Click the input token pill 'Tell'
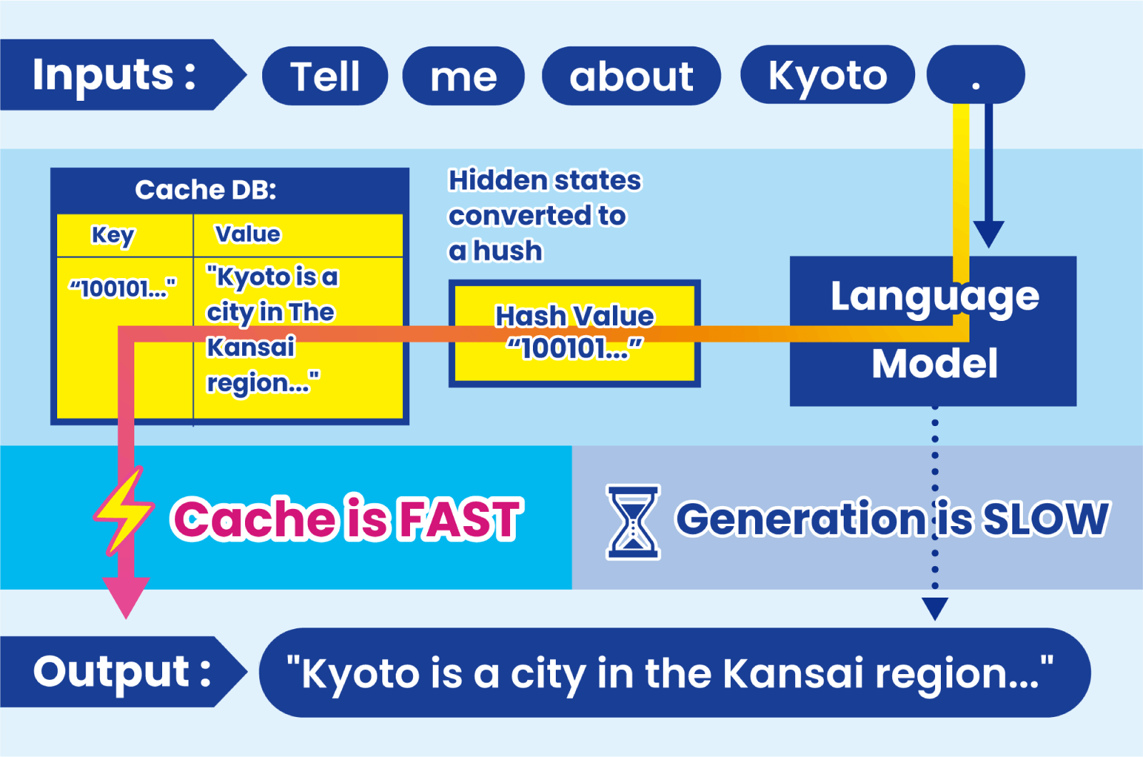pyautogui.click(x=325, y=76)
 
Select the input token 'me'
pyautogui.click(x=464, y=76)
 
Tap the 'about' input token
pyautogui.click(x=632, y=76)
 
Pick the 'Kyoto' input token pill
pyautogui.click(x=828, y=74)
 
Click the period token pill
pyautogui.click(x=976, y=74)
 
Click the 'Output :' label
pyautogui.click(x=123, y=672)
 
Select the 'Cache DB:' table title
pyautogui.click(x=206, y=190)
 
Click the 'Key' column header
pyautogui.click(x=113, y=235)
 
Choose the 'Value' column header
pyautogui.click(x=247, y=234)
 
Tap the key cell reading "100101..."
pyautogui.click(x=122, y=289)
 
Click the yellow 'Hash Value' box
pyautogui.click(x=574, y=333)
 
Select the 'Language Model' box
pyautogui.click(x=933, y=331)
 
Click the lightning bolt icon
pyautogui.click(x=124, y=510)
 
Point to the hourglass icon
pyautogui.click(x=633, y=523)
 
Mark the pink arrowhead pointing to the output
pyautogui.click(x=126, y=598)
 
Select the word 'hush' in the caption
pyautogui.click(x=508, y=251)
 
